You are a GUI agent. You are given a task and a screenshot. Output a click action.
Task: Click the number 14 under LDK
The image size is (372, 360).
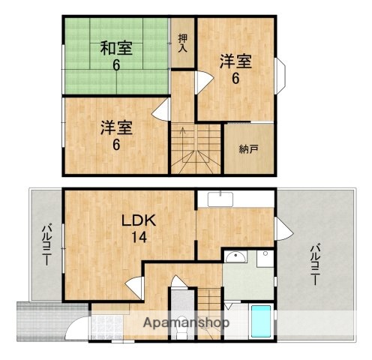click(139, 238)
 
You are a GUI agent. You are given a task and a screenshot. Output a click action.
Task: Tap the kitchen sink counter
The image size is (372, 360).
click(220, 199)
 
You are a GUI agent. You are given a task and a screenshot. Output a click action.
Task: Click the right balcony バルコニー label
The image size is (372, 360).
click(316, 264)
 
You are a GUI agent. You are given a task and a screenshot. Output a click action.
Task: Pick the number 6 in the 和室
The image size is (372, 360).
click(117, 65)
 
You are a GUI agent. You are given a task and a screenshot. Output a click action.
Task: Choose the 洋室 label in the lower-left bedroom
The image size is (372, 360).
click(116, 127)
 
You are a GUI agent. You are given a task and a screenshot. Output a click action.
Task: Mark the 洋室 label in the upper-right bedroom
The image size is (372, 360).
click(235, 61)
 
